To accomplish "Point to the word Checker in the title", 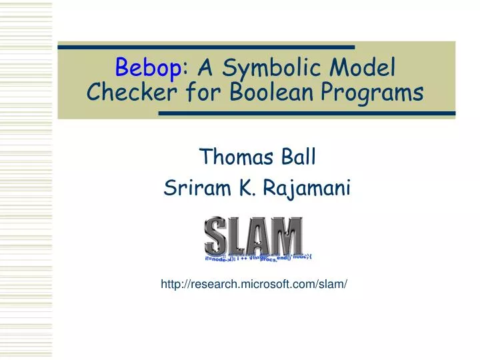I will click(x=127, y=92).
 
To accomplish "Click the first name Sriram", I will click(x=192, y=189).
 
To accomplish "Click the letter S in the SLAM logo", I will click(x=217, y=235).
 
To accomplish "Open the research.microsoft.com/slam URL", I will click(x=254, y=285).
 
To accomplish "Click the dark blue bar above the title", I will click(x=206, y=47).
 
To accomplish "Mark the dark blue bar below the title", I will click(x=307, y=114).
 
